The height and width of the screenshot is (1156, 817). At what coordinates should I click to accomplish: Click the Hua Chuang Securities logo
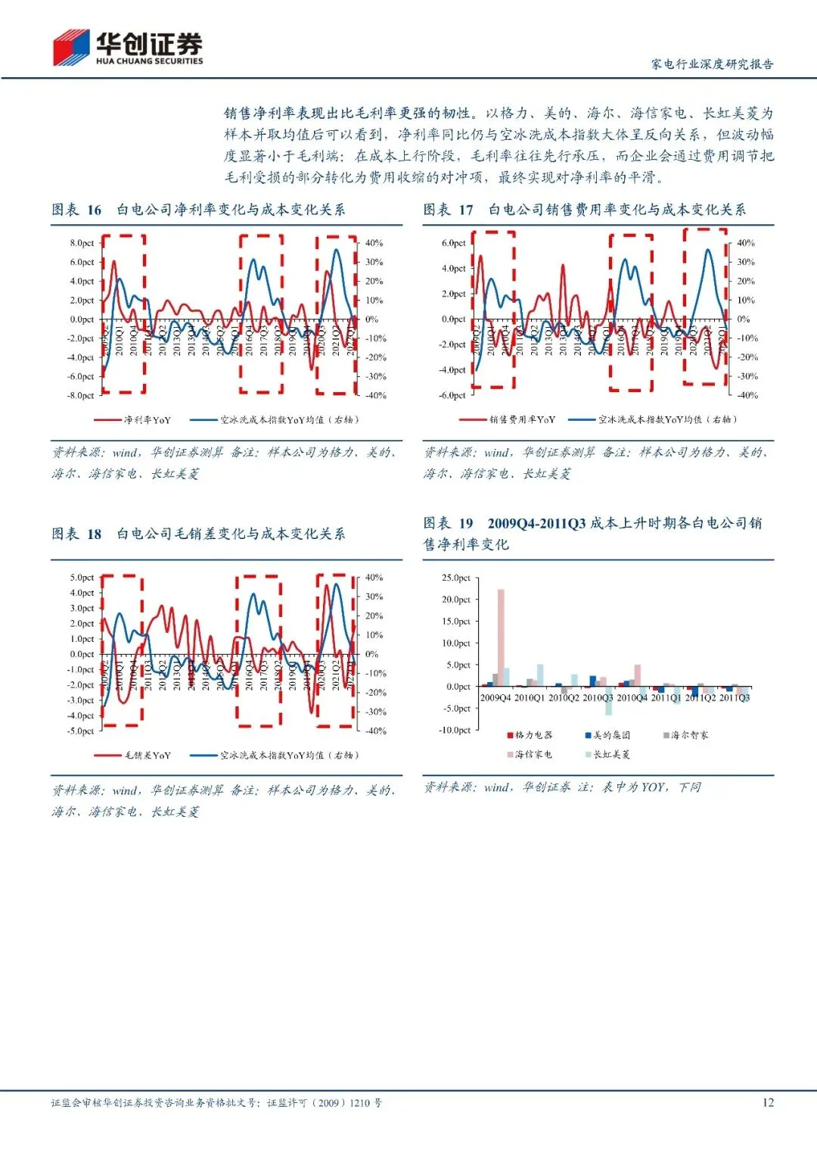(x=127, y=48)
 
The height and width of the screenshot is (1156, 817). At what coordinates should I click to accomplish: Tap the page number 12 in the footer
(x=768, y=1102)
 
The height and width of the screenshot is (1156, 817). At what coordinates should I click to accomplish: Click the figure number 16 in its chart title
(x=94, y=210)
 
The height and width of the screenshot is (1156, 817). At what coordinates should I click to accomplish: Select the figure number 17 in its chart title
(x=466, y=210)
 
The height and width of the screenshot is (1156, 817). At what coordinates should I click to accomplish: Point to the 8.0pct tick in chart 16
(x=82, y=243)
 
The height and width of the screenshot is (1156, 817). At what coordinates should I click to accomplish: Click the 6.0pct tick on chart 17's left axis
(x=454, y=243)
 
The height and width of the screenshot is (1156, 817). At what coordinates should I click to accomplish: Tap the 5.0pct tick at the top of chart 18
(x=82, y=578)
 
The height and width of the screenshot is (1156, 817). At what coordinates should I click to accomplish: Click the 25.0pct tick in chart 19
(x=456, y=578)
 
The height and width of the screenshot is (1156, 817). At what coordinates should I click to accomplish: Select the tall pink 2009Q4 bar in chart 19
(x=501, y=637)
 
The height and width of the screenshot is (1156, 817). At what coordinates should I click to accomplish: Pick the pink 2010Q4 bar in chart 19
(x=638, y=675)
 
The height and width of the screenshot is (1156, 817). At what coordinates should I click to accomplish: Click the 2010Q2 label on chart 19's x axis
(x=564, y=697)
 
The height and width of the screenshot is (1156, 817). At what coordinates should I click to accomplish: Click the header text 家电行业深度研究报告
(x=712, y=64)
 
